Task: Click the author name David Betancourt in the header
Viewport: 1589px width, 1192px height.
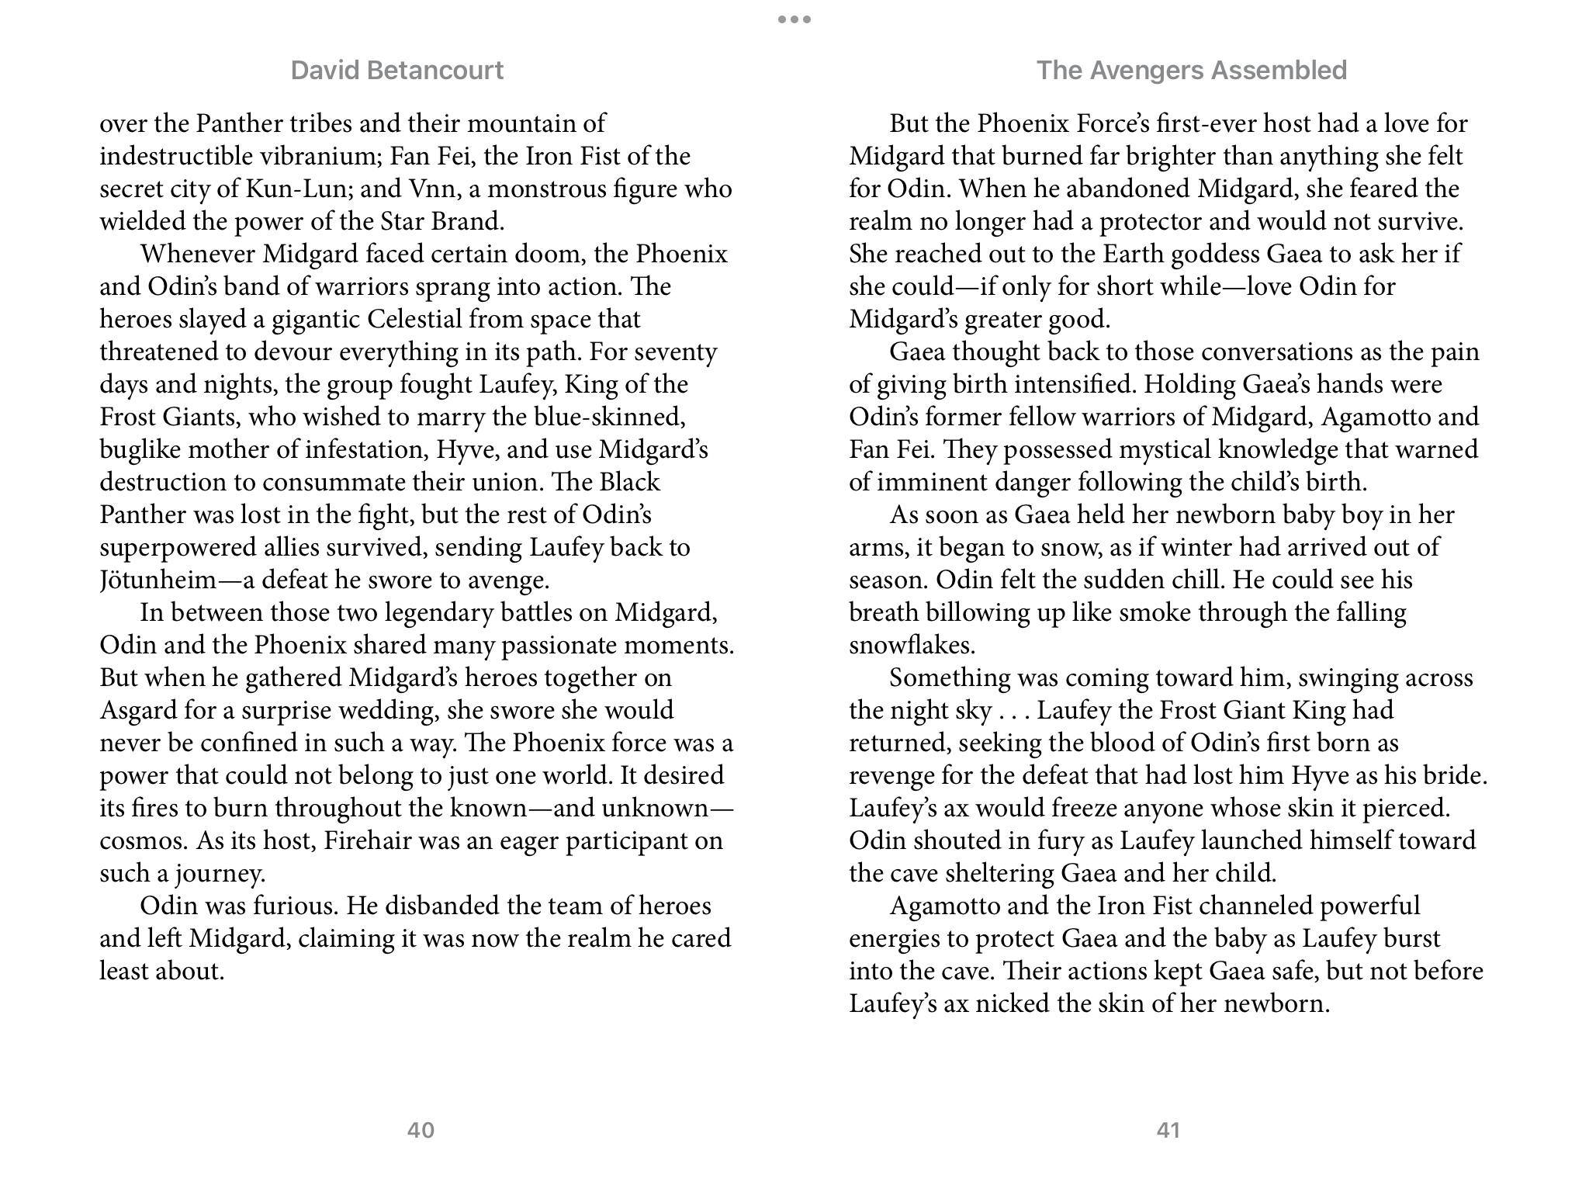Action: click(396, 71)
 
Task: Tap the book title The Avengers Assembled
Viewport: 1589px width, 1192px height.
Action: click(1191, 71)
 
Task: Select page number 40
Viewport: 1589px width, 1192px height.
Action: click(421, 1130)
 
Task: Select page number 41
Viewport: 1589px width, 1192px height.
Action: click(1168, 1130)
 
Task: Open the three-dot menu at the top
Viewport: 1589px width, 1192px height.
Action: click(794, 19)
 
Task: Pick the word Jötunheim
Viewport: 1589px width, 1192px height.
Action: click(158, 580)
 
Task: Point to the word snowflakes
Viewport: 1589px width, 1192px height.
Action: click(912, 646)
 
